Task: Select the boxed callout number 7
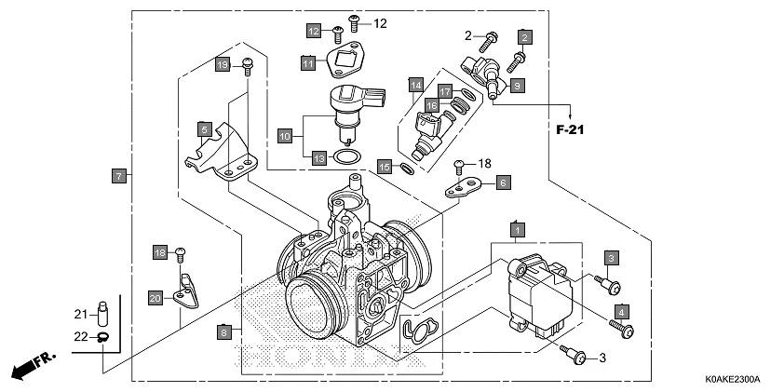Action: point(118,175)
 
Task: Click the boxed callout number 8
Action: point(223,331)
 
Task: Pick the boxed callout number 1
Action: point(516,228)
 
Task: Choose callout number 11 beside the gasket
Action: point(307,62)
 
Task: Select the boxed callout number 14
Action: point(415,85)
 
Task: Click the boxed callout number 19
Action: point(223,64)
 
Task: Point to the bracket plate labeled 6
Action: point(462,190)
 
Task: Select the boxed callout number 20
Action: point(155,298)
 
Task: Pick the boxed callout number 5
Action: point(203,128)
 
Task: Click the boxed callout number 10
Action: point(285,136)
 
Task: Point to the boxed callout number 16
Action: point(431,106)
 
